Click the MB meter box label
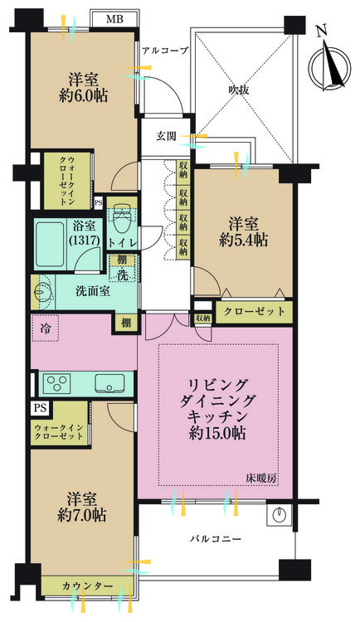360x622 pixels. (115, 18)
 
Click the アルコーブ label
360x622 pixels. (164, 51)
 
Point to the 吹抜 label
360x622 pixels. (239, 90)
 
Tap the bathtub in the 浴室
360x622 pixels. (51, 245)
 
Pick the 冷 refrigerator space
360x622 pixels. (45, 328)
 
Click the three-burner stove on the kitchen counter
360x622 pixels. (57, 384)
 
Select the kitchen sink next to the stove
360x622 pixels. (109, 384)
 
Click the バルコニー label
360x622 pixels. (215, 540)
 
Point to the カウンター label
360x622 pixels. (87, 586)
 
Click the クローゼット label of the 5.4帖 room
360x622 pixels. (255, 311)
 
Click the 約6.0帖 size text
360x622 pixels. (83, 96)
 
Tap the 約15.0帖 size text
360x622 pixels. (217, 433)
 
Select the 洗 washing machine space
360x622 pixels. (123, 275)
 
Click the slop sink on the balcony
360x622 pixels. (280, 514)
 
